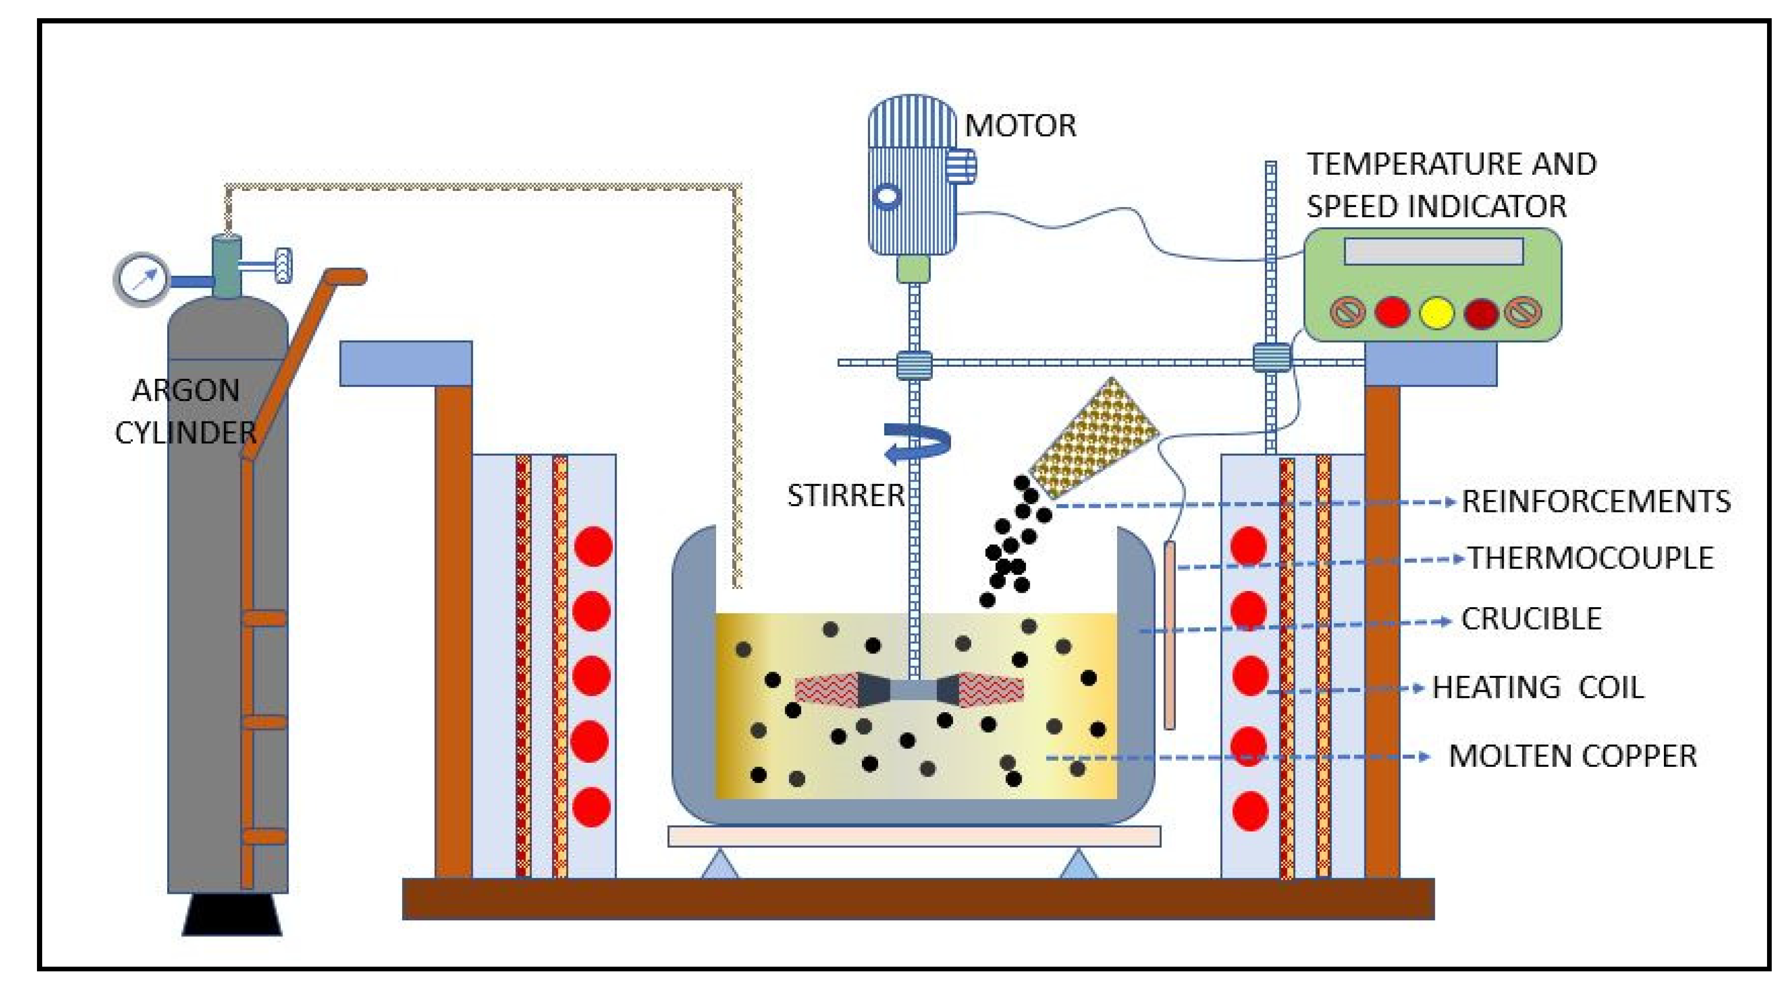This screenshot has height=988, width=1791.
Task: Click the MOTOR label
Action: [1020, 126]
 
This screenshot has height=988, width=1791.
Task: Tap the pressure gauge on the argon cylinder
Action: [141, 279]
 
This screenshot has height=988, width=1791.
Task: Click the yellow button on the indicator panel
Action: [1436, 313]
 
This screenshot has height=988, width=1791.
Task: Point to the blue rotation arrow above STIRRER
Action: [917, 443]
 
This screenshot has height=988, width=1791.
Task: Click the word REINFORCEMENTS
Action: [1596, 502]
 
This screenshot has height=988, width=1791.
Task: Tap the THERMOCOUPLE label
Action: [1590, 558]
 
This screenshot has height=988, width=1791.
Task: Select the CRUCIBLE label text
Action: [1531, 619]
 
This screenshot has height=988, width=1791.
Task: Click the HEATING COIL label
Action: [1538, 687]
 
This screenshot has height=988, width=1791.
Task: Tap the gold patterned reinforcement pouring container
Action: [1094, 438]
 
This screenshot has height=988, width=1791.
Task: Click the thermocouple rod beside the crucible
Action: [1169, 636]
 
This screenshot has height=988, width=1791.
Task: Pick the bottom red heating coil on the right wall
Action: [1249, 811]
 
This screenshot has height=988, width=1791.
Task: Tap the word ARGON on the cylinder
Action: [185, 391]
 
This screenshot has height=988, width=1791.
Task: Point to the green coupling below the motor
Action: [913, 269]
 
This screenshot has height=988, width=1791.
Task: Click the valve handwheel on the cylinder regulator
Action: [283, 265]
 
